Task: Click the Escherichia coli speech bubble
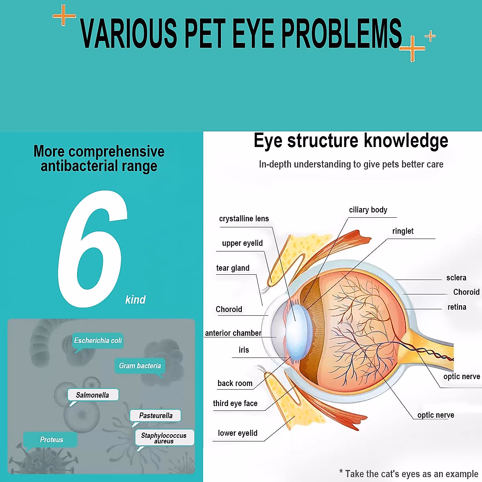click(98, 341)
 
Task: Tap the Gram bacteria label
click(140, 366)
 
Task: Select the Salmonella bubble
click(92, 395)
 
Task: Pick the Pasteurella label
click(155, 415)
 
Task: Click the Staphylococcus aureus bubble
click(164, 438)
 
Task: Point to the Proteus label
click(51, 440)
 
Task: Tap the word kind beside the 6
click(135, 300)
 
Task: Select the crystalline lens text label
click(244, 219)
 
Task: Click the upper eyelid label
click(242, 243)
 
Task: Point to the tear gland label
click(233, 268)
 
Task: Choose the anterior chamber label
click(233, 333)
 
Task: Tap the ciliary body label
click(368, 210)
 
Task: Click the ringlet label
click(402, 231)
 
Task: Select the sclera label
click(456, 278)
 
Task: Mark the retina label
click(457, 307)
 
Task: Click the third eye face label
click(235, 403)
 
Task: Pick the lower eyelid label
click(237, 433)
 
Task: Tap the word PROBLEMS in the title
click(341, 33)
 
